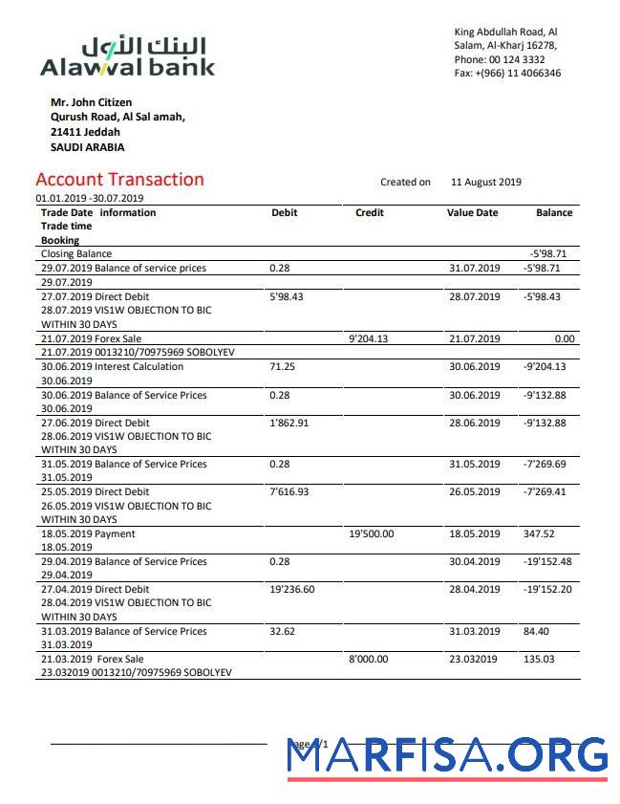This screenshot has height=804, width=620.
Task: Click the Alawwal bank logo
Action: (x=127, y=56)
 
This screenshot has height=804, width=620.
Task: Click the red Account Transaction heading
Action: (x=119, y=180)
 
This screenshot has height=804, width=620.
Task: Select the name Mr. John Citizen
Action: (x=91, y=102)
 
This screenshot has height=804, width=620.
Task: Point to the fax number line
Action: (x=507, y=74)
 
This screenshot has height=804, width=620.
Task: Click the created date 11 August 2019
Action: (x=485, y=182)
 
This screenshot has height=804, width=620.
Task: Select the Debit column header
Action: (x=284, y=213)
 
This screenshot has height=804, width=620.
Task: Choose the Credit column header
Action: (x=369, y=213)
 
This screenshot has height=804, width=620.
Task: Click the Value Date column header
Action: (x=472, y=213)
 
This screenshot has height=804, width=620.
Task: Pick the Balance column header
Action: (x=554, y=213)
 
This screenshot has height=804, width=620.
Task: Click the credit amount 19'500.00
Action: (x=373, y=534)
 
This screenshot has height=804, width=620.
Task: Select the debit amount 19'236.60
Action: (x=292, y=590)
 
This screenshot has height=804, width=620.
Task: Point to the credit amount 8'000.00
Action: (x=370, y=660)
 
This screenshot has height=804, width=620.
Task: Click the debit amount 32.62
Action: (x=283, y=632)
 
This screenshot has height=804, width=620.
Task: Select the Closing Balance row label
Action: (x=75, y=254)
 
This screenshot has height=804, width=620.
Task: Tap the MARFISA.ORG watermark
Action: (x=447, y=755)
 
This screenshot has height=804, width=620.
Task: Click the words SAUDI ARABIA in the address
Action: (x=87, y=148)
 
